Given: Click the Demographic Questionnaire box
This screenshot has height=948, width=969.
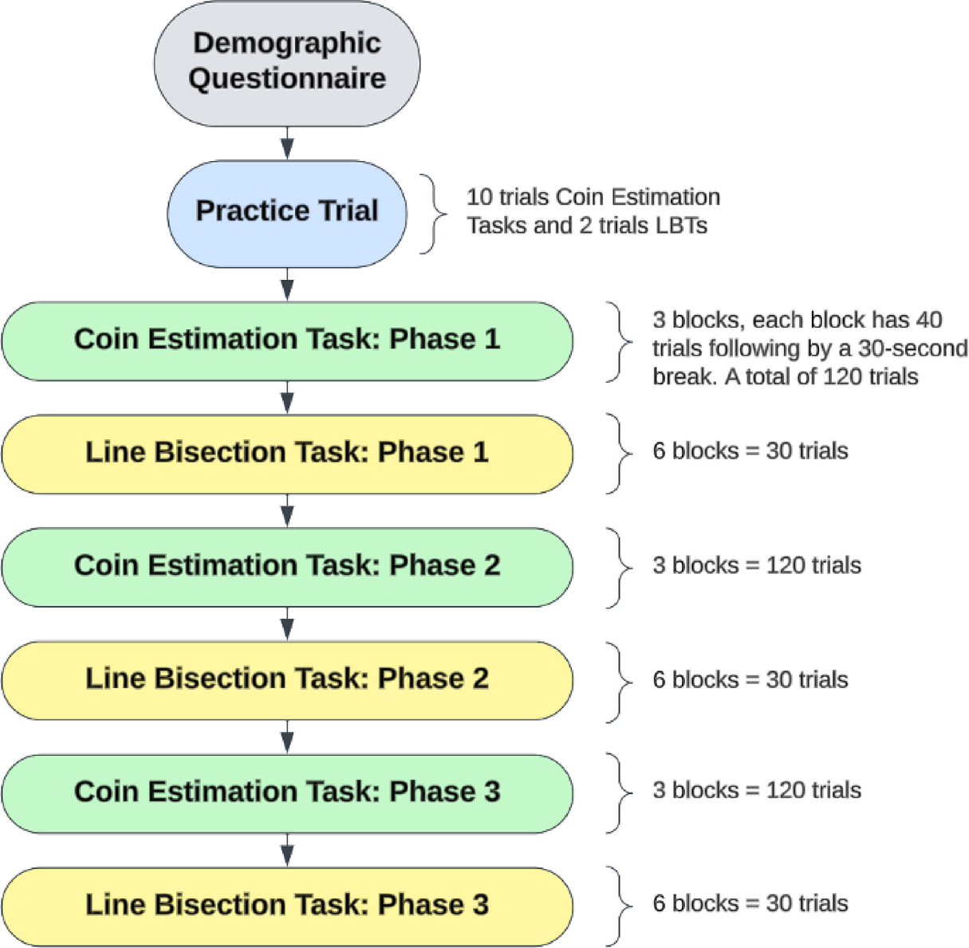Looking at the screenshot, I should pos(287,61).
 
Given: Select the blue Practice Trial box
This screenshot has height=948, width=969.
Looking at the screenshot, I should pos(287,211).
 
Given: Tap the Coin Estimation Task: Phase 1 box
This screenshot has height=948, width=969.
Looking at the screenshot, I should pos(287,340).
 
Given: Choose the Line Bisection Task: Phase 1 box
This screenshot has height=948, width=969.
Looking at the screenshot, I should pos(287,453).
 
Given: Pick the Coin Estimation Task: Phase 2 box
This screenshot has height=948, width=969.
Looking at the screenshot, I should pos(287,566).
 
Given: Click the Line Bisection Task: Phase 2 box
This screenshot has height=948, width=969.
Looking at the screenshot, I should pos(287,679).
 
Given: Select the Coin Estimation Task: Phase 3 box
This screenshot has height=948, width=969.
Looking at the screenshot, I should pos(287,793).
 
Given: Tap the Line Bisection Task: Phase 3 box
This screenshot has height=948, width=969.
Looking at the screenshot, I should pos(287,906).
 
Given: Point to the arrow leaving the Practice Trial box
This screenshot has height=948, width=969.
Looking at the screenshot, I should pos(287,285).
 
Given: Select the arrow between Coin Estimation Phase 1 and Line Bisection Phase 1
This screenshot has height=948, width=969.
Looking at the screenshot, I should pos(287,397).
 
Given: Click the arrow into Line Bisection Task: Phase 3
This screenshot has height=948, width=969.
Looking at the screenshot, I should pos(287,850).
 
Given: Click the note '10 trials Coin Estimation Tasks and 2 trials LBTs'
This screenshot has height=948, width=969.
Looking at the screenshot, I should pos(593,211).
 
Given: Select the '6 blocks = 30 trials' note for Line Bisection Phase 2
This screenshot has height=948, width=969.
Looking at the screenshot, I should pos(750,679).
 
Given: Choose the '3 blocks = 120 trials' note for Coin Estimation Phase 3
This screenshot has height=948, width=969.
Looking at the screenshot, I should pos(756,790).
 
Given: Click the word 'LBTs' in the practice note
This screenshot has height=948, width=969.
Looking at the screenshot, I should pos(677,226).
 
